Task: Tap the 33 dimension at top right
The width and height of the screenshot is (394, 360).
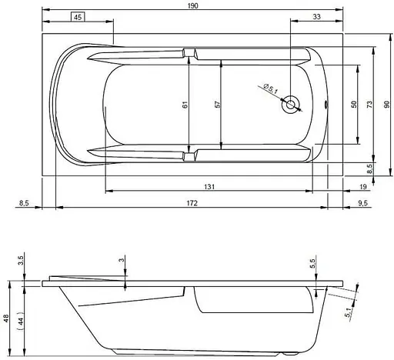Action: click(x=317, y=18)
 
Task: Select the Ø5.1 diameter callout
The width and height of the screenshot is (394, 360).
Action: click(x=270, y=91)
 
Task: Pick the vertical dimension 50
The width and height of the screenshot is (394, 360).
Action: click(x=353, y=105)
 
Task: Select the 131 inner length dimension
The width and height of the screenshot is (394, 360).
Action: click(x=209, y=185)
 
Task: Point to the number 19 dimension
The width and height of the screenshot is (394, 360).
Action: click(x=362, y=185)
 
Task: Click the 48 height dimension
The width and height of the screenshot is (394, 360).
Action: click(x=7, y=318)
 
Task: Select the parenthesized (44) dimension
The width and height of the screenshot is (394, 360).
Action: click(x=23, y=318)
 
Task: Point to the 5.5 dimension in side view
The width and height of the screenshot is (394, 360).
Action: click(x=312, y=263)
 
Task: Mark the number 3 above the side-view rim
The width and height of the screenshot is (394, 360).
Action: click(x=122, y=262)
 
